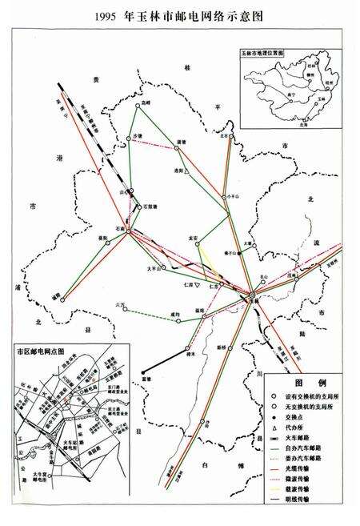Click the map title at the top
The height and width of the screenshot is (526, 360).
pyautogui.click(x=180, y=15)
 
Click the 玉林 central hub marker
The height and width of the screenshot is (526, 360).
pyautogui.click(x=250, y=296)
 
